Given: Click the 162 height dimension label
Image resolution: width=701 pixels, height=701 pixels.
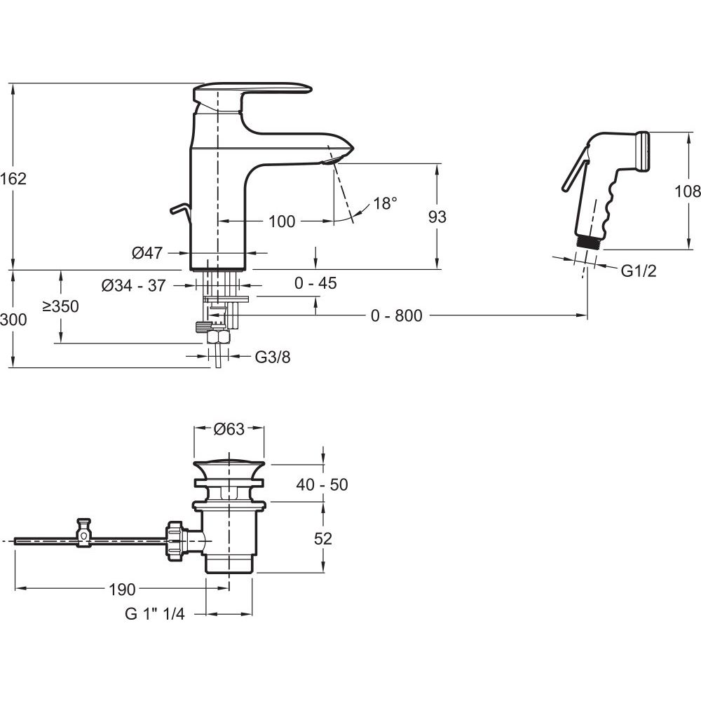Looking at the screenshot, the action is [x=13, y=179].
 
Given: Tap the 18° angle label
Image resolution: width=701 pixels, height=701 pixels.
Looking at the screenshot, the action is [x=385, y=203].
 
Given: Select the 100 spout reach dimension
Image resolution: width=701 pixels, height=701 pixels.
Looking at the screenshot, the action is [x=282, y=222].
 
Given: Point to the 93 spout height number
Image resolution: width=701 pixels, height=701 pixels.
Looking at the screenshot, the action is [x=437, y=217].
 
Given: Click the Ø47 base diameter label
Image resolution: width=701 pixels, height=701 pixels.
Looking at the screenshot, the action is [x=147, y=253].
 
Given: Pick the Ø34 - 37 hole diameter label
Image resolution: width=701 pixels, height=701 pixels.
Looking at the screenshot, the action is [x=134, y=285].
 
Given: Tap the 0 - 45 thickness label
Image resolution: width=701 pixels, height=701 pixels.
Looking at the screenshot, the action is [x=315, y=283].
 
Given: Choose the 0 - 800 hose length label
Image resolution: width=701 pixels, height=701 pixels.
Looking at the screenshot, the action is [x=397, y=315].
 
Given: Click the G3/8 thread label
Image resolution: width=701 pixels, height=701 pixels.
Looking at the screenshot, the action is [x=273, y=357].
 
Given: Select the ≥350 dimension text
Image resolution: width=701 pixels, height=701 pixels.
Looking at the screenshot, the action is [x=61, y=306].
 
